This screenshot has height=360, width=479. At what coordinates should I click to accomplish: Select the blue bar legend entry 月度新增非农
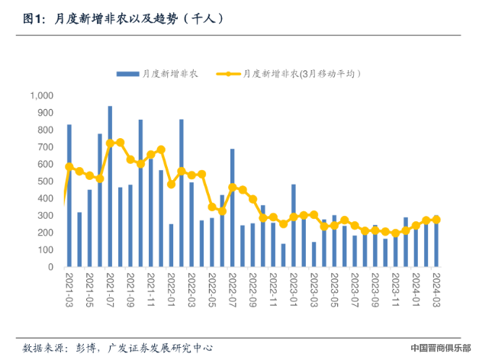(x=161, y=74)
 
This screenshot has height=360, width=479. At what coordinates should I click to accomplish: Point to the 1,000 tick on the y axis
(x=40, y=95)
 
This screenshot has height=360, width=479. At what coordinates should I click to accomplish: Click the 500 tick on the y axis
(x=45, y=182)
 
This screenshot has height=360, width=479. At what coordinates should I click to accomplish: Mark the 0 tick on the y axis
(x=50, y=268)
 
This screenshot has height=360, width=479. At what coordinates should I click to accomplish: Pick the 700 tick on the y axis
(x=45, y=147)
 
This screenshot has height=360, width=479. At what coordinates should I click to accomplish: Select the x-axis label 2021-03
(x=69, y=289)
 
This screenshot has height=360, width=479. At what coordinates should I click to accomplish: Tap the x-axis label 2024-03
(x=436, y=289)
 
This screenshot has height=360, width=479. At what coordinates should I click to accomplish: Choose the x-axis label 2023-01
(x=294, y=289)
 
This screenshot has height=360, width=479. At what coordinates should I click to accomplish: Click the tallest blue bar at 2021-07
(x=110, y=187)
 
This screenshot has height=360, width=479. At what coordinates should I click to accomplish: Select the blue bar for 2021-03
(x=69, y=196)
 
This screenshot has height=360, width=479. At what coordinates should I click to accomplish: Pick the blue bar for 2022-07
(x=233, y=208)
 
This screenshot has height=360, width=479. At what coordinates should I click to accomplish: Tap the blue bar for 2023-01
(x=294, y=226)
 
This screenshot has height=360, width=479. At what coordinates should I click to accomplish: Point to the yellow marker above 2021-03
(x=69, y=166)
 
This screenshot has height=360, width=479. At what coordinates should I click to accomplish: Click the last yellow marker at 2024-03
(x=436, y=220)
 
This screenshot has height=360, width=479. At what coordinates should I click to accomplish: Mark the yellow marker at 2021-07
(x=110, y=143)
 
